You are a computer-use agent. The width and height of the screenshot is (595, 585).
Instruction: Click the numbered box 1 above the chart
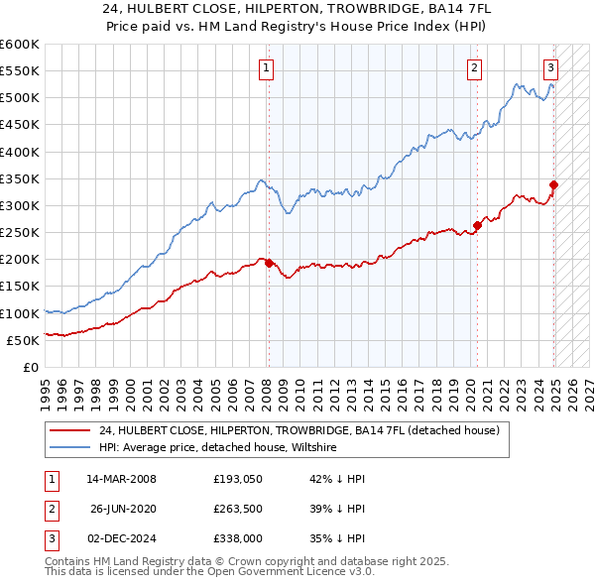coord(268,67)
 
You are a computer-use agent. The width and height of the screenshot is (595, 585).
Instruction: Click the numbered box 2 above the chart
coord(475,67)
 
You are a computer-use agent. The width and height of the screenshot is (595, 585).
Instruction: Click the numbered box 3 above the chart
coord(550,67)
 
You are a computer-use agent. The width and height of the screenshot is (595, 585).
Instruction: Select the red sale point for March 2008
coord(269,263)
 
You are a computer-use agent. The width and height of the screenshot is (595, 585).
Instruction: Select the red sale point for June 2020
coord(477,225)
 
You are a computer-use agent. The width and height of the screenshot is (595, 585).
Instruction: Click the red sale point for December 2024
coord(553,184)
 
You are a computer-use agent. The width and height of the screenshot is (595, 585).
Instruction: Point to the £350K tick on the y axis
coord(20,179)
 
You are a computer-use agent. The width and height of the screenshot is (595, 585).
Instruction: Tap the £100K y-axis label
coord(20,313)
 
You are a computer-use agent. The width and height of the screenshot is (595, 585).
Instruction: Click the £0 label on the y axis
coord(30,367)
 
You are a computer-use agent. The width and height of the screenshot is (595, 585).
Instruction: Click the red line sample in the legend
coord(69,430)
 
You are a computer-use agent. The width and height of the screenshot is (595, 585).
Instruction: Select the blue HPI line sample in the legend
coord(69,447)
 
